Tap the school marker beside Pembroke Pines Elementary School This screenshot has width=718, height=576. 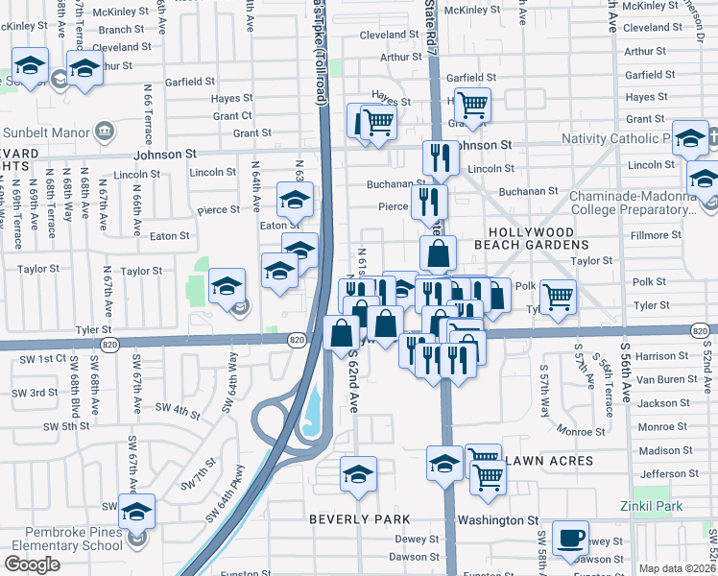tap(136, 512)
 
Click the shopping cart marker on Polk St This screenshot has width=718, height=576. tap(557, 296)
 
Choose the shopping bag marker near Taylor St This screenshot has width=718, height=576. tap(438, 253)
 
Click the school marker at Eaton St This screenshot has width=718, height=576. tap(296, 200)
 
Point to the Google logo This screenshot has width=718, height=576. tap(32, 564)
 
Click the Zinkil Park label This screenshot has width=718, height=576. tap(656, 505)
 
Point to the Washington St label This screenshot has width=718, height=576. tap(497, 520)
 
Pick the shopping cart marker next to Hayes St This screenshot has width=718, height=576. tap(471, 105)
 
